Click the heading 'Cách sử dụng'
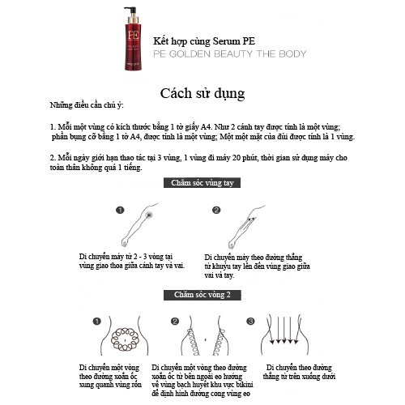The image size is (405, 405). click(202, 92)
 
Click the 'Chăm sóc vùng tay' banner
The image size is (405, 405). click(202, 184)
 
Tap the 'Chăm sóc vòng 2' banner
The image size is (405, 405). click(202, 294)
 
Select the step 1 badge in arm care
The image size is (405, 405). click(118, 211)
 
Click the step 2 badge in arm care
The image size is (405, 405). click(216, 211)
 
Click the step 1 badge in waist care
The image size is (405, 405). click(96, 322)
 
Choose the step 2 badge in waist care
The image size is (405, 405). click(173, 322)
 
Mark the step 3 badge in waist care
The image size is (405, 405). click(250, 322)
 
